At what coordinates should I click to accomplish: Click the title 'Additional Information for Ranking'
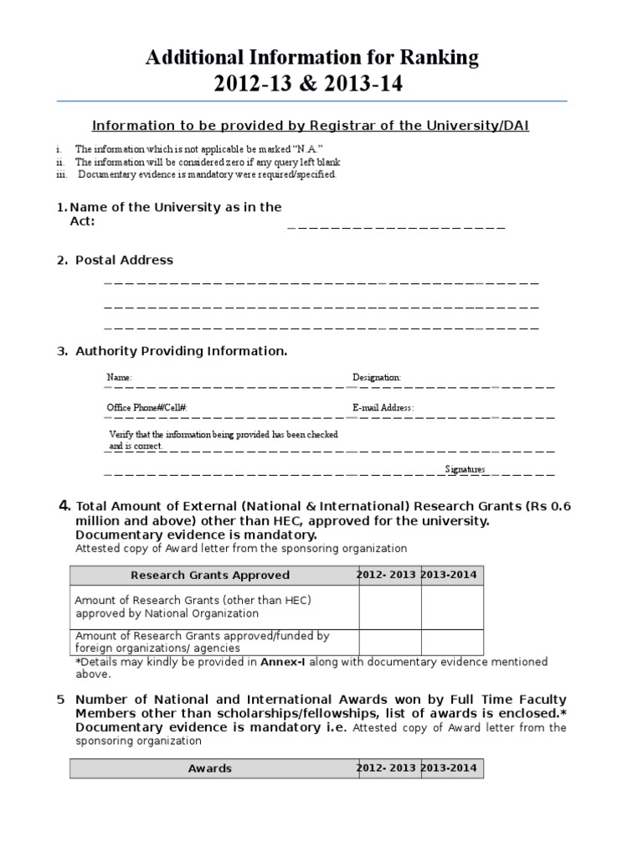click(312, 57)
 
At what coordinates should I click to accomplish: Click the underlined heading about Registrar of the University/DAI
click(310, 126)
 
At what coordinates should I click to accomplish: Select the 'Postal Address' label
click(124, 260)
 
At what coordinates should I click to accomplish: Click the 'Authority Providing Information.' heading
click(181, 351)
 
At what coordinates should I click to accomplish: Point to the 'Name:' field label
click(120, 378)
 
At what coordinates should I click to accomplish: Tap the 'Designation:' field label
click(377, 378)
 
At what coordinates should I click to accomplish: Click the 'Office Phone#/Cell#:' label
click(147, 407)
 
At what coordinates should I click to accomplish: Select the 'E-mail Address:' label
click(383, 407)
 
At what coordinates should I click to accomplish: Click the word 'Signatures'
click(465, 469)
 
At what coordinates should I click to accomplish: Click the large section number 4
click(64, 505)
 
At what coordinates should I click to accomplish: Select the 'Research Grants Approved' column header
click(210, 575)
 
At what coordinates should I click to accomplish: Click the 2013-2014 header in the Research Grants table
click(452, 575)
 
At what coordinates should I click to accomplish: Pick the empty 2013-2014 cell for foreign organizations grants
click(452, 641)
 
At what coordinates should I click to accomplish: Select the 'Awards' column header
click(210, 768)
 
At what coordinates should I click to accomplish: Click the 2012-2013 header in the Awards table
click(387, 768)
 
